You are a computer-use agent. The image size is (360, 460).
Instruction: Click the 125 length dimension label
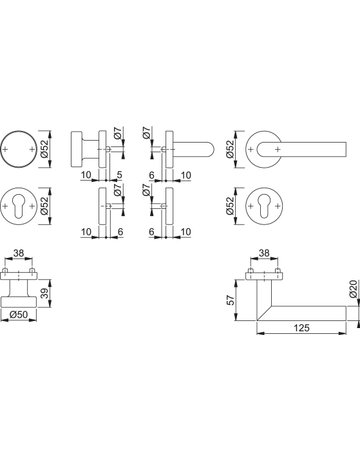point(301,328)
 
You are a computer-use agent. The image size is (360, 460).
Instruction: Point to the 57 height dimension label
point(230,300)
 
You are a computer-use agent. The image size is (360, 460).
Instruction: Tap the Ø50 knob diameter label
point(18,314)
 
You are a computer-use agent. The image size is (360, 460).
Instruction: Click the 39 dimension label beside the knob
point(45,293)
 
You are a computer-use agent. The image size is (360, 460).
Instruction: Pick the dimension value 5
point(120,175)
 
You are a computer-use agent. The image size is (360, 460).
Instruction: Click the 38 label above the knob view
point(19,253)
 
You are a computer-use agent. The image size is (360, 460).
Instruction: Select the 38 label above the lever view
point(264,253)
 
